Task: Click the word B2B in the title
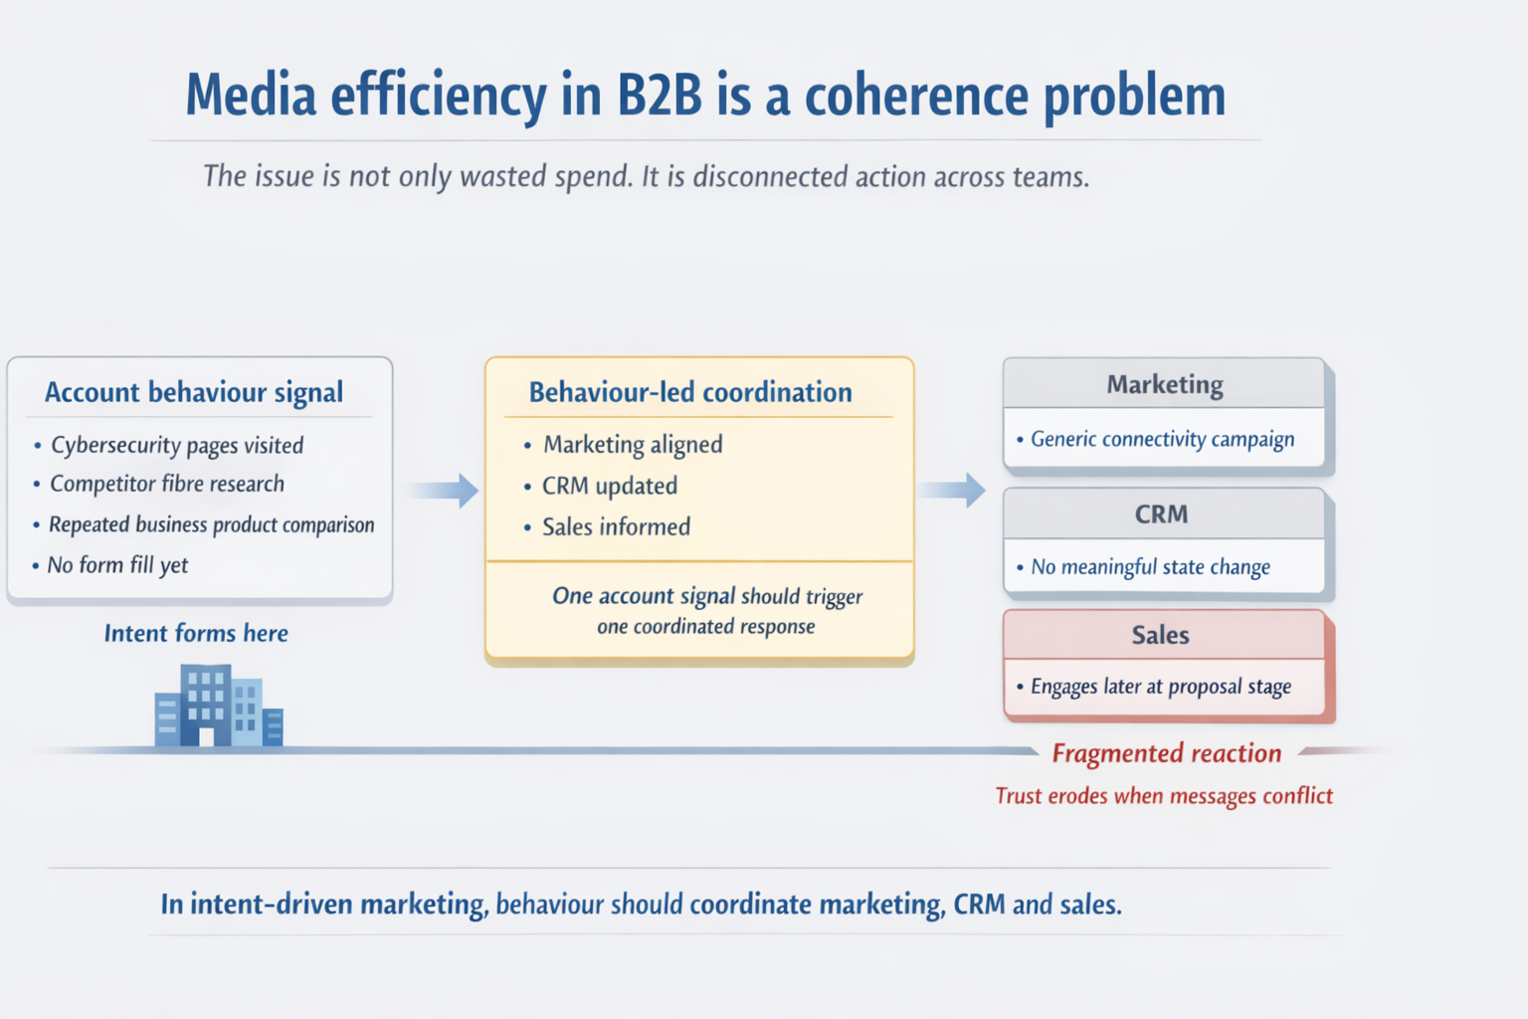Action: click(x=660, y=96)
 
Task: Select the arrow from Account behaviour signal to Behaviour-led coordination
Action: click(x=444, y=490)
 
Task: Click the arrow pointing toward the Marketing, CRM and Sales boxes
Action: click(x=952, y=490)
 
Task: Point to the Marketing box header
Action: click(x=1164, y=384)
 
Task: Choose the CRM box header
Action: click(x=1161, y=514)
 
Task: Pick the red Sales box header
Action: click(x=1160, y=635)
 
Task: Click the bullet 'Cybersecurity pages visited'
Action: click(x=177, y=445)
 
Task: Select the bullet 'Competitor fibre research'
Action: click(x=167, y=484)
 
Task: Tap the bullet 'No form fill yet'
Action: click(x=117, y=565)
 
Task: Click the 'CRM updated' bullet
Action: click(x=609, y=486)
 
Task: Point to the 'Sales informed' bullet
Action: click(x=616, y=526)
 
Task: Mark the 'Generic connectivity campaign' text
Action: click(x=1162, y=439)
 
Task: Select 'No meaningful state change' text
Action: click(x=1150, y=567)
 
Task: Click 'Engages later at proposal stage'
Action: click(x=1160, y=687)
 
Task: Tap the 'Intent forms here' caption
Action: click(x=196, y=633)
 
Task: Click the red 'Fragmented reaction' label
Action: click(x=1166, y=753)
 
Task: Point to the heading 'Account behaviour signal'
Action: click(x=194, y=392)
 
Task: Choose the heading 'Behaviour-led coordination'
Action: click(x=690, y=392)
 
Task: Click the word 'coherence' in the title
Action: click(x=915, y=96)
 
